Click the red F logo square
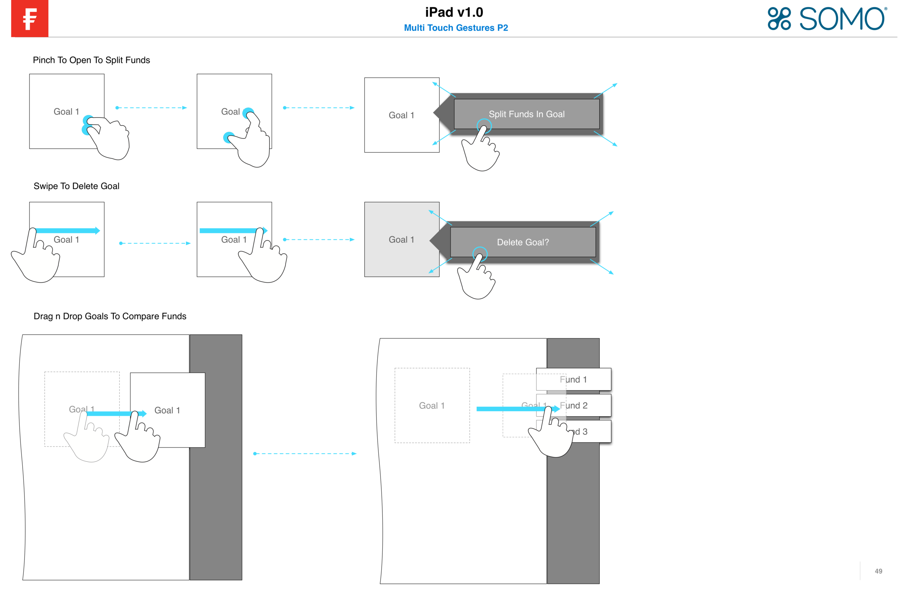pos(30,18)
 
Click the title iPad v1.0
pos(454,12)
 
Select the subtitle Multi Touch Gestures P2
pos(456,28)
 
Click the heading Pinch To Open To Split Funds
pos(91,60)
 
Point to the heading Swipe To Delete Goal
pos(76,186)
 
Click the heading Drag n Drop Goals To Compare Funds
pos(110,317)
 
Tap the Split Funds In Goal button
pos(526,114)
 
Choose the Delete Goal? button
pos(523,242)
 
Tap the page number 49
pos(878,571)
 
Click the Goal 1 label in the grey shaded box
pos(401,240)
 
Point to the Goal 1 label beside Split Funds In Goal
pos(401,115)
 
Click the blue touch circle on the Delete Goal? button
pos(480,254)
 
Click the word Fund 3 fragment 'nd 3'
pos(580,431)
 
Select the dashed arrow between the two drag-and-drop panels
pos(305,454)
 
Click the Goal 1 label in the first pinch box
pos(66,112)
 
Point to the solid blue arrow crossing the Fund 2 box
pos(516,409)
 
